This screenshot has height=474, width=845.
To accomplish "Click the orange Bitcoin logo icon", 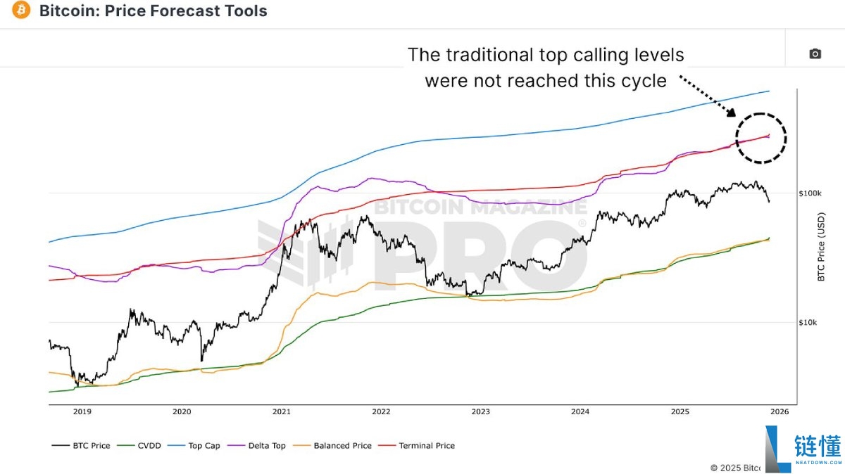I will (x=21, y=11).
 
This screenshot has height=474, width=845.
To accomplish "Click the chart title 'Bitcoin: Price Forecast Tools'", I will (x=154, y=11).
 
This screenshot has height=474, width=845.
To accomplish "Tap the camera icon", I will (x=815, y=54).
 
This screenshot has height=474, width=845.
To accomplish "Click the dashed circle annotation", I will (x=760, y=138).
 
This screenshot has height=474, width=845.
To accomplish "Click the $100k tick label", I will (x=810, y=193).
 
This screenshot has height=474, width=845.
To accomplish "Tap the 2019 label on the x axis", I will (x=82, y=413).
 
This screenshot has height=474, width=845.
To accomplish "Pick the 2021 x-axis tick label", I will (x=282, y=413).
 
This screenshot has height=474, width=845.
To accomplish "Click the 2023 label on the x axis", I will (x=481, y=413).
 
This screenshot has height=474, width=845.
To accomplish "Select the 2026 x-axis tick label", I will (x=780, y=413).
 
